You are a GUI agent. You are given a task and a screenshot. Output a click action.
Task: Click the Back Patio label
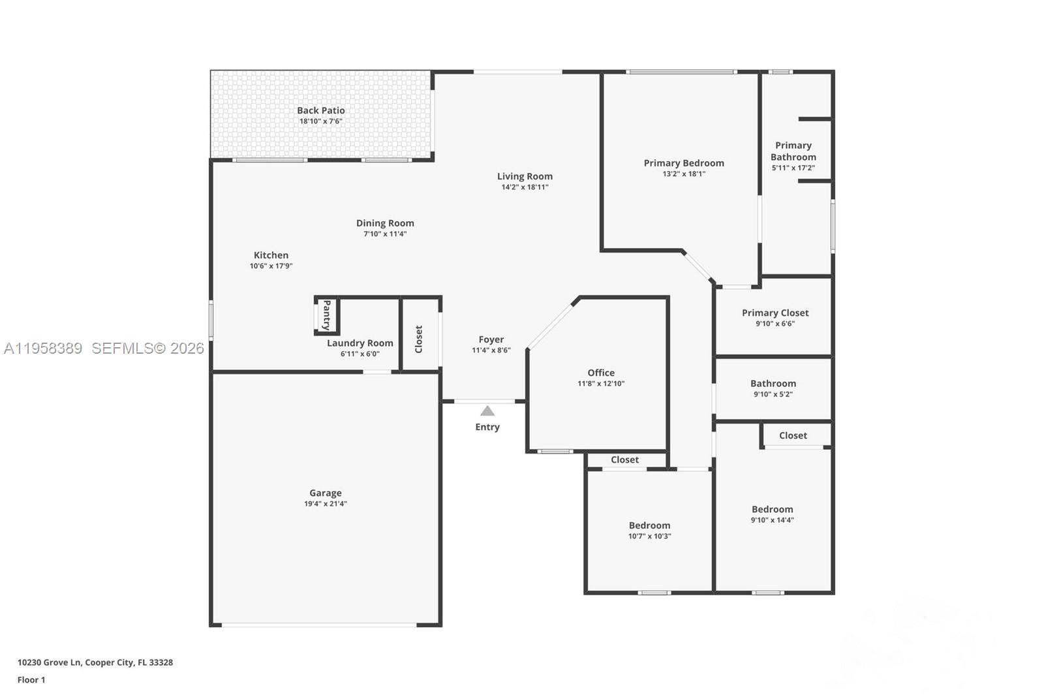coord(320,111)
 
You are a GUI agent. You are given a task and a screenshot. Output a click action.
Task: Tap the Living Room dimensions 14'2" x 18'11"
coord(525,187)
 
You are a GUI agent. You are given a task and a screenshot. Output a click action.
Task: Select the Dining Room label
coord(385,223)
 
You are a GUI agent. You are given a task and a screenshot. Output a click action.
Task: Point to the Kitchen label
coord(271,255)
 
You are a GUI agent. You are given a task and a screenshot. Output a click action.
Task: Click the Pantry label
coord(327,315)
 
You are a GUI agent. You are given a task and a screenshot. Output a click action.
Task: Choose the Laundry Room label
coord(360,343)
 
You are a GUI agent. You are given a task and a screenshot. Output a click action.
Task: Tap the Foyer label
coord(491,339)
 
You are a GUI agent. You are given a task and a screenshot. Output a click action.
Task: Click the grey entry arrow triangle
coord(487,411)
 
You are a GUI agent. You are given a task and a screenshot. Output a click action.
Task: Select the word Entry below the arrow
coord(487,427)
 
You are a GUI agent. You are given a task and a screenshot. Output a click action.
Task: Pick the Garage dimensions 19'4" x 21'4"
coord(325,504)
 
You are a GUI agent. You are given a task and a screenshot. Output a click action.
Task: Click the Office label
coord(601,373)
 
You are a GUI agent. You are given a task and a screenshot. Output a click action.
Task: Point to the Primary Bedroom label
coord(684,163)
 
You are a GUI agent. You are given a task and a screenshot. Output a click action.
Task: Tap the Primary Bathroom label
coord(793,151)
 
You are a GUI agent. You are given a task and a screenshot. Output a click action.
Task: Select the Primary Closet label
coord(775,313)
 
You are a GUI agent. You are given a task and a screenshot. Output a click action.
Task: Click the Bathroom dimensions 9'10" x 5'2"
coord(773,394)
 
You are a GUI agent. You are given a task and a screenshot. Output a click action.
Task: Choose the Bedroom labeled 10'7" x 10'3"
coord(649,525)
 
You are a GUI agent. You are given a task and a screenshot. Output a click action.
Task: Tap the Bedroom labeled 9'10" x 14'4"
coord(772,510)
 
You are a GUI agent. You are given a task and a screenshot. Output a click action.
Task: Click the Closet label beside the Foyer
coord(419,339)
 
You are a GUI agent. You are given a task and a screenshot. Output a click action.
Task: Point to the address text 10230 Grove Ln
coord(50,662)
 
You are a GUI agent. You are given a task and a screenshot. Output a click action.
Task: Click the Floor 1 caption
coord(31,680)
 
